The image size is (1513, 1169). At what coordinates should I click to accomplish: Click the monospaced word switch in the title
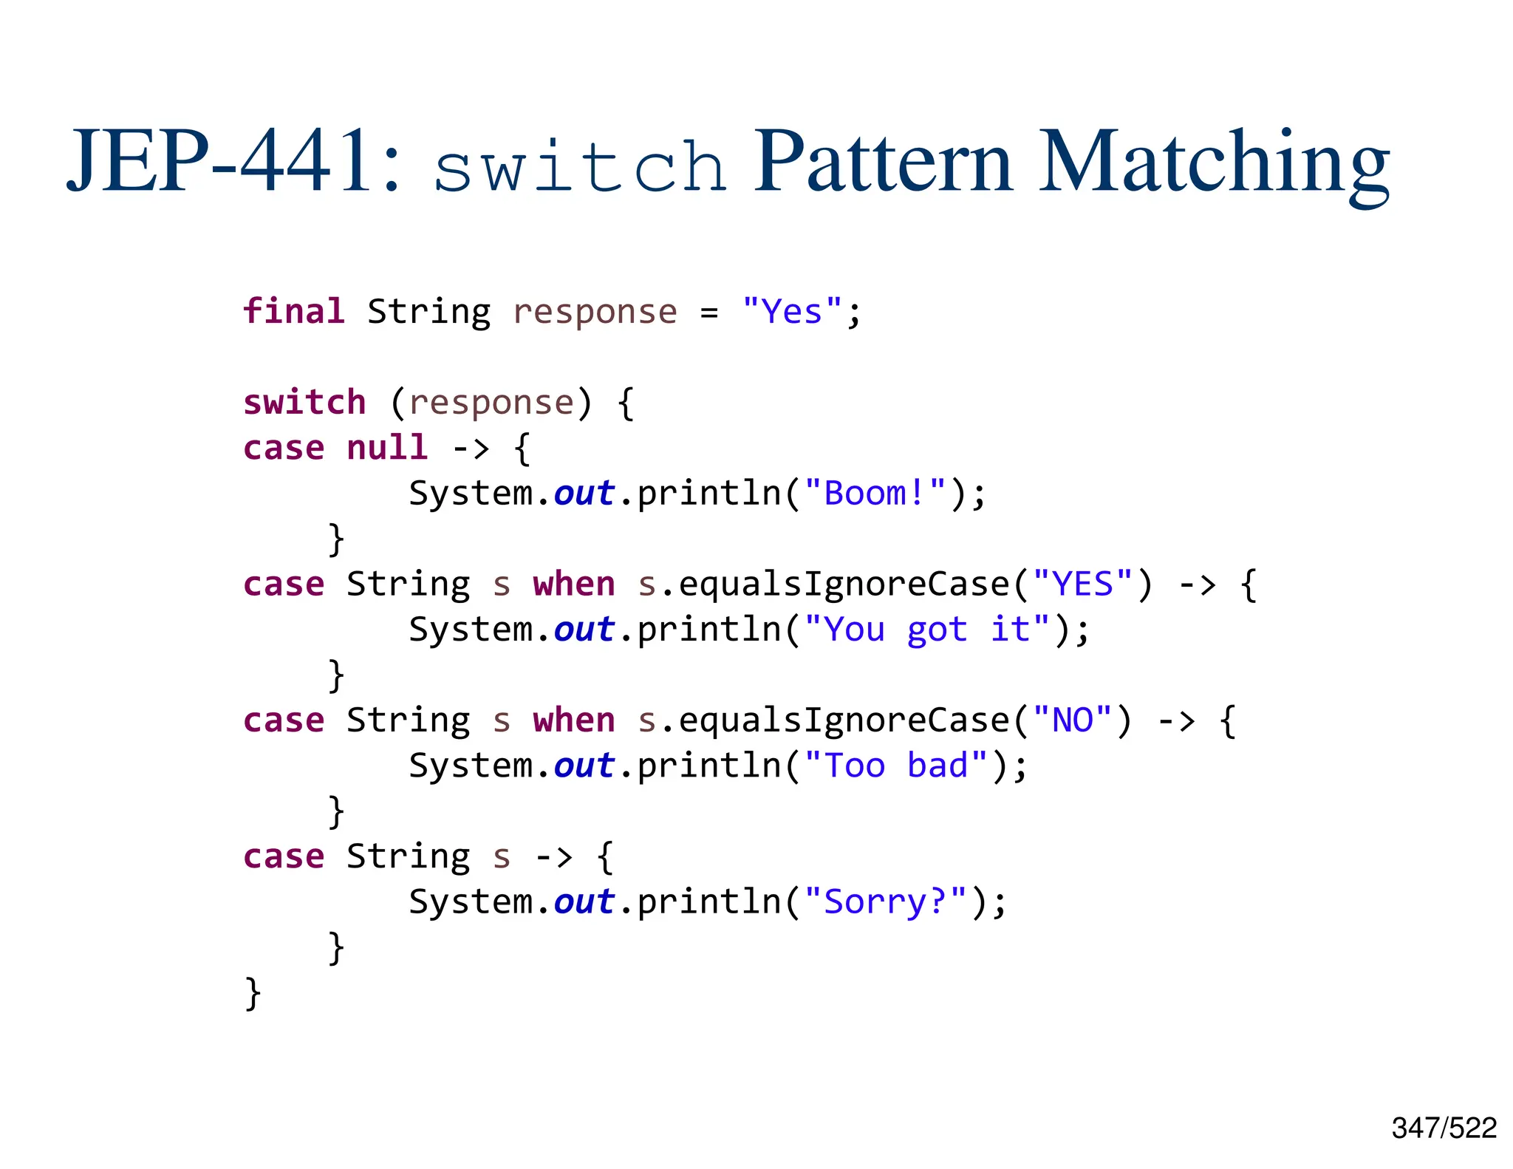click(x=580, y=167)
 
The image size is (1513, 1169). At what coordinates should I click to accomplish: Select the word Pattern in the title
click(x=882, y=163)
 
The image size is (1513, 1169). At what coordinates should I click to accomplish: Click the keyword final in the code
click(x=294, y=311)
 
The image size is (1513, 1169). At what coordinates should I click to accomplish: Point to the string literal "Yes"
click(x=791, y=311)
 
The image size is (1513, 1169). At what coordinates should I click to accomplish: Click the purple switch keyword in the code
click(x=304, y=403)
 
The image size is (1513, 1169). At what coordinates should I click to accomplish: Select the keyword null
click(x=387, y=448)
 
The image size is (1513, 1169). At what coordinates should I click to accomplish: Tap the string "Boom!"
click(x=875, y=494)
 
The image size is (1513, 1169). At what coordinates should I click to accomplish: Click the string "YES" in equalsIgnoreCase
click(x=1082, y=584)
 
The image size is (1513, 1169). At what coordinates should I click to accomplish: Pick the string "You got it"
click(x=926, y=630)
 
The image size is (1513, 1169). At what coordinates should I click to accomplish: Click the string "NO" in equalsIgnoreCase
click(x=1072, y=720)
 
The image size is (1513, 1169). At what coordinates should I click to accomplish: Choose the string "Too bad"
click(x=895, y=766)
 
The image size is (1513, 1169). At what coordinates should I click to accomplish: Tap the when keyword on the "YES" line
click(x=574, y=584)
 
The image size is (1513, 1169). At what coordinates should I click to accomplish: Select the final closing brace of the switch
click(x=253, y=993)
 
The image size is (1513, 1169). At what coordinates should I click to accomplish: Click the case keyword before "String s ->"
click(x=284, y=857)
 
